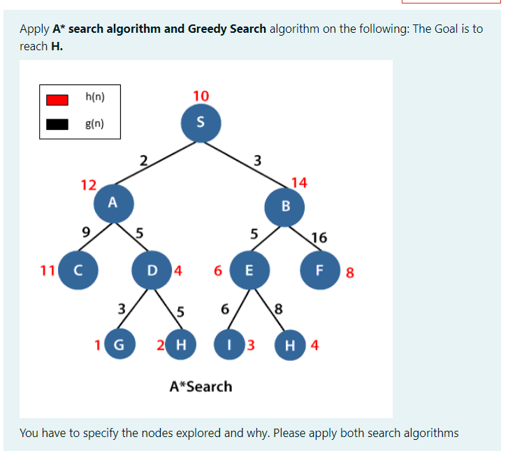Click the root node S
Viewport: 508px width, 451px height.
(x=201, y=122)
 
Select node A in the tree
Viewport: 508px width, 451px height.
(x=112, y=202)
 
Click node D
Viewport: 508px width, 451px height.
(x=152, y=271)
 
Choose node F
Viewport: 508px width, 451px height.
(x=319, y=271)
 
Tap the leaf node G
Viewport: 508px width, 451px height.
(x=119, y=345)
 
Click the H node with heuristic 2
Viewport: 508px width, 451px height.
(x=182, y=345)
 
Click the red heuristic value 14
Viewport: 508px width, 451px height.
(x=299, y=183)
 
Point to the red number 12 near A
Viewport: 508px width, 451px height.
(x=88, y=185)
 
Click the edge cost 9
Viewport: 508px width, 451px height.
(x=86, y=232)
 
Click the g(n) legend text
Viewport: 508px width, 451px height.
(x=94, y=124)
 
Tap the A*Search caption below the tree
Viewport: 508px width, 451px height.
(x=201, y=386)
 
